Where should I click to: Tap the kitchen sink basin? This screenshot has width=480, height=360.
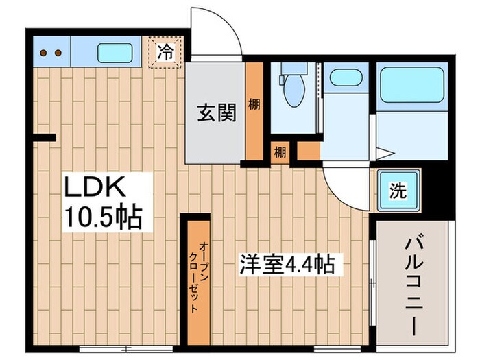(x=115, y=51)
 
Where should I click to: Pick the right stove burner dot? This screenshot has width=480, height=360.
(x=58, y=52)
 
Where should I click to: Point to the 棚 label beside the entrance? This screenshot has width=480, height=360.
(x=254, y=105)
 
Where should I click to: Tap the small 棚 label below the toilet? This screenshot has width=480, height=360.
(x=280, y=152)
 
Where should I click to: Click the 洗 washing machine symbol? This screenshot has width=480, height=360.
(x=398, y=190)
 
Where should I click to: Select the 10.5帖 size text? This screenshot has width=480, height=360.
(x=103, y=218)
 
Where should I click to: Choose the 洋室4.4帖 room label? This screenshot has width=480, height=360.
(x=286, y=264)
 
